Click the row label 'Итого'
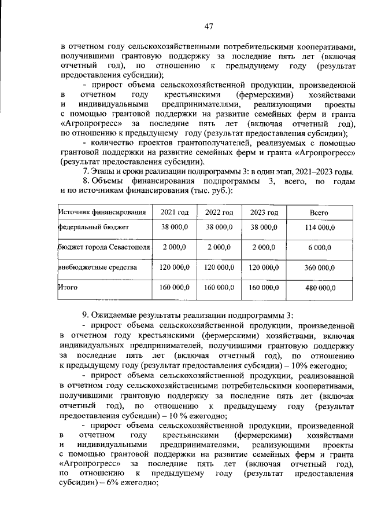(x=68, y=287)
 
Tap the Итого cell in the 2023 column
(x=264, y=287)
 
